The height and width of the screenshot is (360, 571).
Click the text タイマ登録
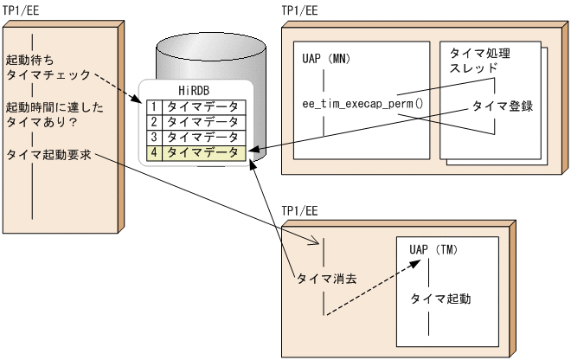point(501,106)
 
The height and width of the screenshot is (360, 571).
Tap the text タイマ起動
point(440,299)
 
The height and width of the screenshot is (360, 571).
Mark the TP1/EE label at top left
point(20,8)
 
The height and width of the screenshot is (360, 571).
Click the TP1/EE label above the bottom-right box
point(299,210)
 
